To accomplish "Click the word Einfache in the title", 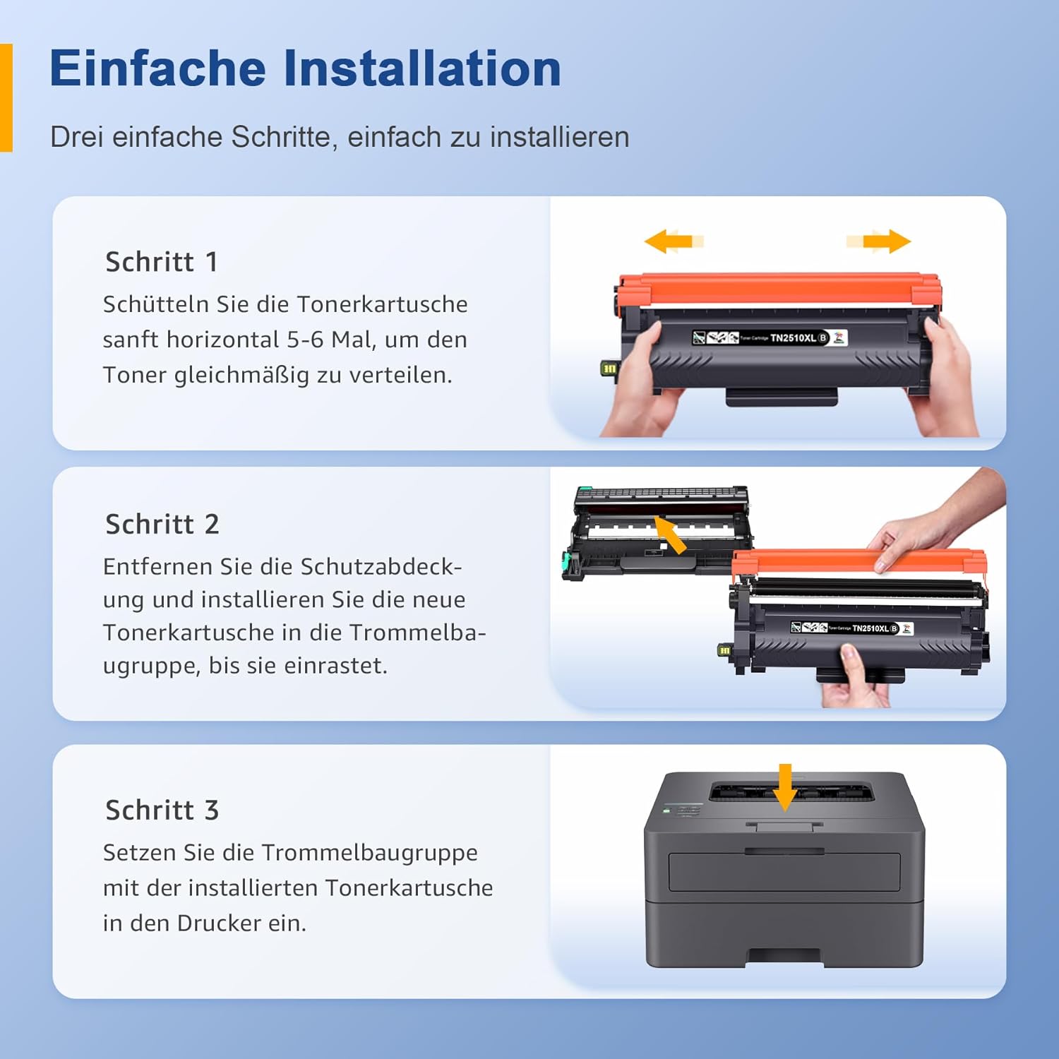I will point(157,68).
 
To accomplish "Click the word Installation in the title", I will point(422,68).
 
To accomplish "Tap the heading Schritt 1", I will point(162,262).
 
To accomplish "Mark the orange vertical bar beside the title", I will point(6,97).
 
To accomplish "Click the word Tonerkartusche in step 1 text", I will point(382,304).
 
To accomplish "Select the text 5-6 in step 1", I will point(305,340).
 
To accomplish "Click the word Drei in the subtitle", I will point(77,137).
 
